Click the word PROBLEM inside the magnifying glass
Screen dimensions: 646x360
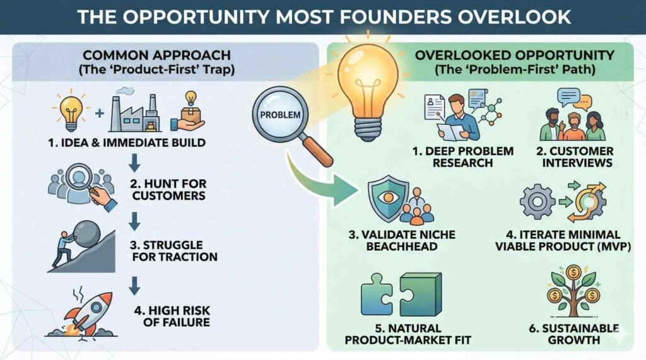(280, 115)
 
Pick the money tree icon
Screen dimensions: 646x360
(573, 291)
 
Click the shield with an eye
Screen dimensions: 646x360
(388, 198)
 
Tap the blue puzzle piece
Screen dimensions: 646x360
(377, 294)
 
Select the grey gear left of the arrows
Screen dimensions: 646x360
(537, 202)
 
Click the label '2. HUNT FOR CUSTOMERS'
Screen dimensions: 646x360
(168, 190)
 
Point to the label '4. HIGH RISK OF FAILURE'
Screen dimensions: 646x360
(172, 316)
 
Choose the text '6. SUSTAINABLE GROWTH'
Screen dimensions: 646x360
(574, 334)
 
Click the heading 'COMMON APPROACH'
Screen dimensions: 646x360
(156, 55)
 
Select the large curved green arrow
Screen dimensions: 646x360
(321, 181)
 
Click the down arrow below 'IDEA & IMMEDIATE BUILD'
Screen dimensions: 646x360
(134, 163)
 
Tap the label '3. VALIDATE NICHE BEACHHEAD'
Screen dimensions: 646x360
(402, 241)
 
